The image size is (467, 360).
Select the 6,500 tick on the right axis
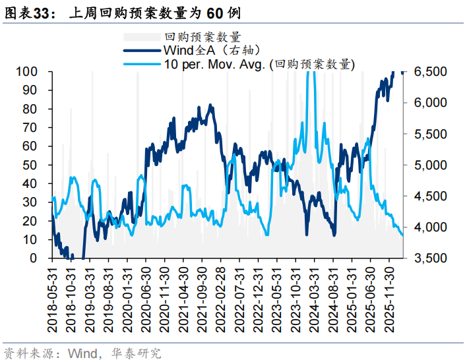tap(430, 71)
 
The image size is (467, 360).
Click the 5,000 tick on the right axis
tap(430, 165)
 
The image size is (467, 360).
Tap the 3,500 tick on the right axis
tap(430, 258)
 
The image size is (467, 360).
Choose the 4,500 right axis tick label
tap(430, 196)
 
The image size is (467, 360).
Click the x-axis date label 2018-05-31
tap(52, 298)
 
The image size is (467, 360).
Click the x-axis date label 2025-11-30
tap(391, 298)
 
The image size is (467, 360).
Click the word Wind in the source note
tap(82, 353)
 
